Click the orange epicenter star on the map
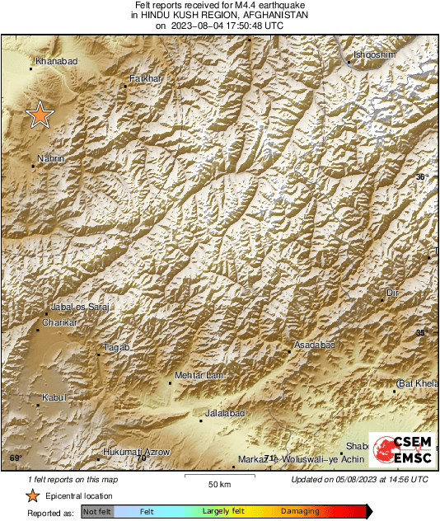pyautogui.click(x=39, y=115)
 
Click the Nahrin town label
pyautogui.click(x=51, y=158)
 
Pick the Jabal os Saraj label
pyautogui.click(x=80, y=307)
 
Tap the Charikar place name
pyautogui.click(x=59, y=322)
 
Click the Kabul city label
pyautogui.click(x=53, y=397)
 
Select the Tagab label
pyautogui.click(x=116, y=348)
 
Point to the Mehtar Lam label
pyautogui.click(x=198, y=375)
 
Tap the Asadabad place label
pyautogui.click(x=315, y=345)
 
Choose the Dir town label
pyautogui.click(x=392, y=293)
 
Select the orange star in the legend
pyautogui.click(x=32, y=496)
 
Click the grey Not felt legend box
pyautogui.click(x=96, y=512)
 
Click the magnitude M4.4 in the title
pyautogui.click(x=246, y=6)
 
